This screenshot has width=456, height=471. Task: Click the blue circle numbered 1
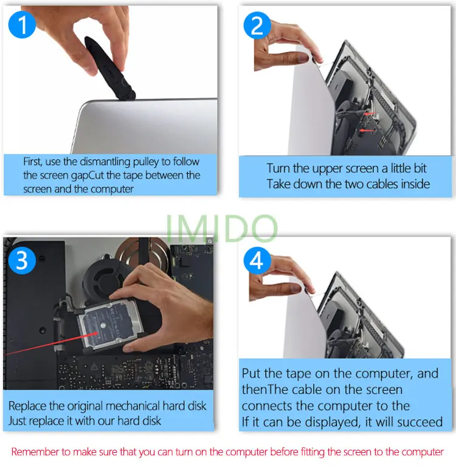[22, 25]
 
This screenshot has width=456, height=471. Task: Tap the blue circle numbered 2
[257, 26]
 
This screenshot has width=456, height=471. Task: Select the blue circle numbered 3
[22, 261]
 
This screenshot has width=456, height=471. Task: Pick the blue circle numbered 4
[257, 260]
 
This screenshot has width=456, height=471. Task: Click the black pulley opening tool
[109, 69]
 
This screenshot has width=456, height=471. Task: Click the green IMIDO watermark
[221, 229]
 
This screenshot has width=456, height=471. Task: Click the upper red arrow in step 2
[370, 114]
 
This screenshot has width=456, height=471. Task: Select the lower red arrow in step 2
[367, 131]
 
